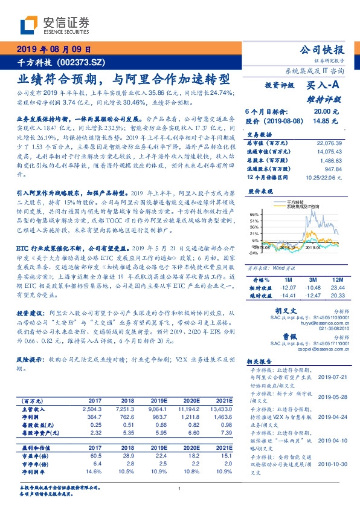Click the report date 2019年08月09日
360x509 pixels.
pyautogui.click(x=54, y=50)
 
